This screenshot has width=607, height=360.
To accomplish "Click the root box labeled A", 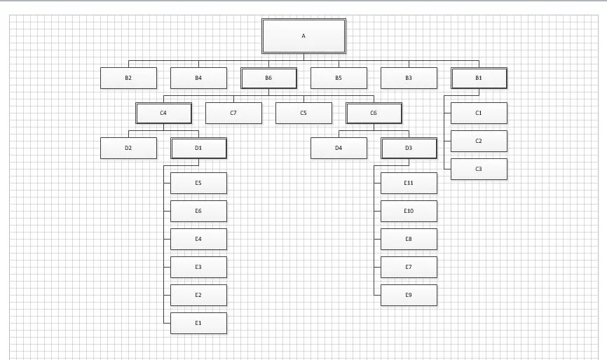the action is pos(303,36).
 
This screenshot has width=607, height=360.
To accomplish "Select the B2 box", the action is pos(128,78).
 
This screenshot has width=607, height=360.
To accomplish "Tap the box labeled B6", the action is pos(268,78).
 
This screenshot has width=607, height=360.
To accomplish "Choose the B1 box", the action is pos(479,78).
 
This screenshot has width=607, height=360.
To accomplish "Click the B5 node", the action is pos(339,78).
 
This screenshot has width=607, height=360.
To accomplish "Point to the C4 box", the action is pos(163,113).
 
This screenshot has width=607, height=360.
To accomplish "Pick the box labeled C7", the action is pos(233,113).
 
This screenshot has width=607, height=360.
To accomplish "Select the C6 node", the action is pos(374,113).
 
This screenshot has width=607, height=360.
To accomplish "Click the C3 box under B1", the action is pos(479,169).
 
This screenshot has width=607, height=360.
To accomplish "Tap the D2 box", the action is pos(128,148).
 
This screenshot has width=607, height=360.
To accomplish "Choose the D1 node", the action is pos(198,148).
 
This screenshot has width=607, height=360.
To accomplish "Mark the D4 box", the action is pos(339,148).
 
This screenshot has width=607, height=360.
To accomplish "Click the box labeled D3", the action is pos(409,148).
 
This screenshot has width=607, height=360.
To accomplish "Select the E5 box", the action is pos(198,183).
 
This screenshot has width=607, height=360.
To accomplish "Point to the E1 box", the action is pos(198,324).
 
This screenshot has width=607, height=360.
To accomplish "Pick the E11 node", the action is pos(409,183).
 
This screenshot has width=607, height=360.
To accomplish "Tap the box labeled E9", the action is pos(409,295).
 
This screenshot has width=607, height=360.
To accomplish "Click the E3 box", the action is pos(198,267).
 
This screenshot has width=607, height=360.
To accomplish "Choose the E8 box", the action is pos(409,239).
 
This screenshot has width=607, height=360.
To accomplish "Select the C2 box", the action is pos(479,141).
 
